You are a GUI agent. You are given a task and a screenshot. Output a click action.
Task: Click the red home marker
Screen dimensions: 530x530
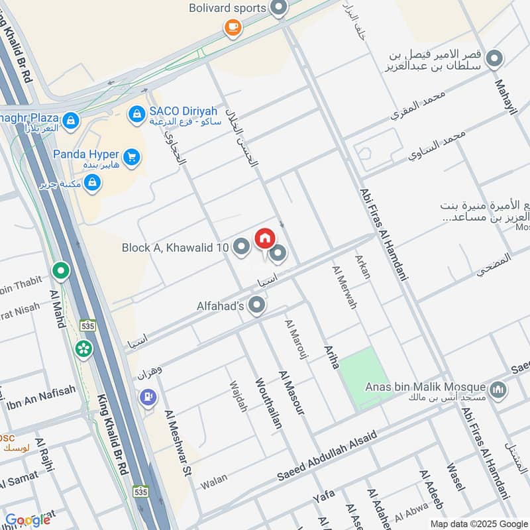pyautogui.click(x=264, y=237)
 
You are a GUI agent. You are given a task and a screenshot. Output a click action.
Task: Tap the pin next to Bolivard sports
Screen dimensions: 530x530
pyautogui.click(x=279, y=9)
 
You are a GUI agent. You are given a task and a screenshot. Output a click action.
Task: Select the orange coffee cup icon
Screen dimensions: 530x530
pyautogui.click(x=232, y=26)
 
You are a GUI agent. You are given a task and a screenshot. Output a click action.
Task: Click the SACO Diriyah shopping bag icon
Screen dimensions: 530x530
pyautogui.click(x=136, y=115)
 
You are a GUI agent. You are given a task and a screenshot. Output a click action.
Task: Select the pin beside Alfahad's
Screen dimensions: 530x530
pyautogui.click(x=257, y=305)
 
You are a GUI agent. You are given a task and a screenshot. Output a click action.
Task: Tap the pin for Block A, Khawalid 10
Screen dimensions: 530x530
pyautogui.click(x=242, y=247)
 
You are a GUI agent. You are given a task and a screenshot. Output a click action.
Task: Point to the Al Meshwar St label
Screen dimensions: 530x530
pyautogui.click(x=178, y=443)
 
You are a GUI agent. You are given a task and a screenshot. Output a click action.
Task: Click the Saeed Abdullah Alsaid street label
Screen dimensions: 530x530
pyautogui.click(x=327, y=456)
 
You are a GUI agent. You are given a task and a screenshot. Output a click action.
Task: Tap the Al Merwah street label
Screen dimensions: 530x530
pyautogui.click(x=344, y=286)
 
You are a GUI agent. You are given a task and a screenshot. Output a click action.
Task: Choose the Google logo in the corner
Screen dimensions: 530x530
pyautogui.click(x=28, y=520)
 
